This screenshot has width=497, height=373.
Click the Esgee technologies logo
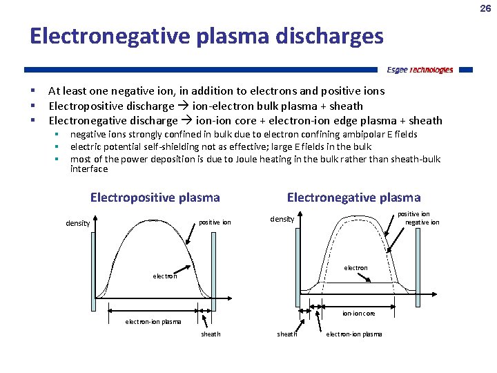point(420,70)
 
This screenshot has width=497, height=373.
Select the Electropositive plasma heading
point(155,198)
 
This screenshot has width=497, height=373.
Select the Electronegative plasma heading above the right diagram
point(353,198)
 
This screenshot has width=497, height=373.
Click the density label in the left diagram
point(78,223)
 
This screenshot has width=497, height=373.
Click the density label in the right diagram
point(282,219)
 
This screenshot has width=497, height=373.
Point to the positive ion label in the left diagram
point(215,222)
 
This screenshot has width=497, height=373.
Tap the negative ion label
point(422,222)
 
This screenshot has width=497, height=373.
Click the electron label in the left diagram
point(164,276)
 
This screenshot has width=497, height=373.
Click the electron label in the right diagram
point(356,267)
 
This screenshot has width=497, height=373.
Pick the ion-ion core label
point(359,314)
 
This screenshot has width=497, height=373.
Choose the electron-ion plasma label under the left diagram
point(153,322)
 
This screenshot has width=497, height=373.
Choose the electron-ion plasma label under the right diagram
point(353,334)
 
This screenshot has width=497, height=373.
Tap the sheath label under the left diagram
point(211,334)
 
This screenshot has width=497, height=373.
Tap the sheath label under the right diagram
point(287,334)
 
